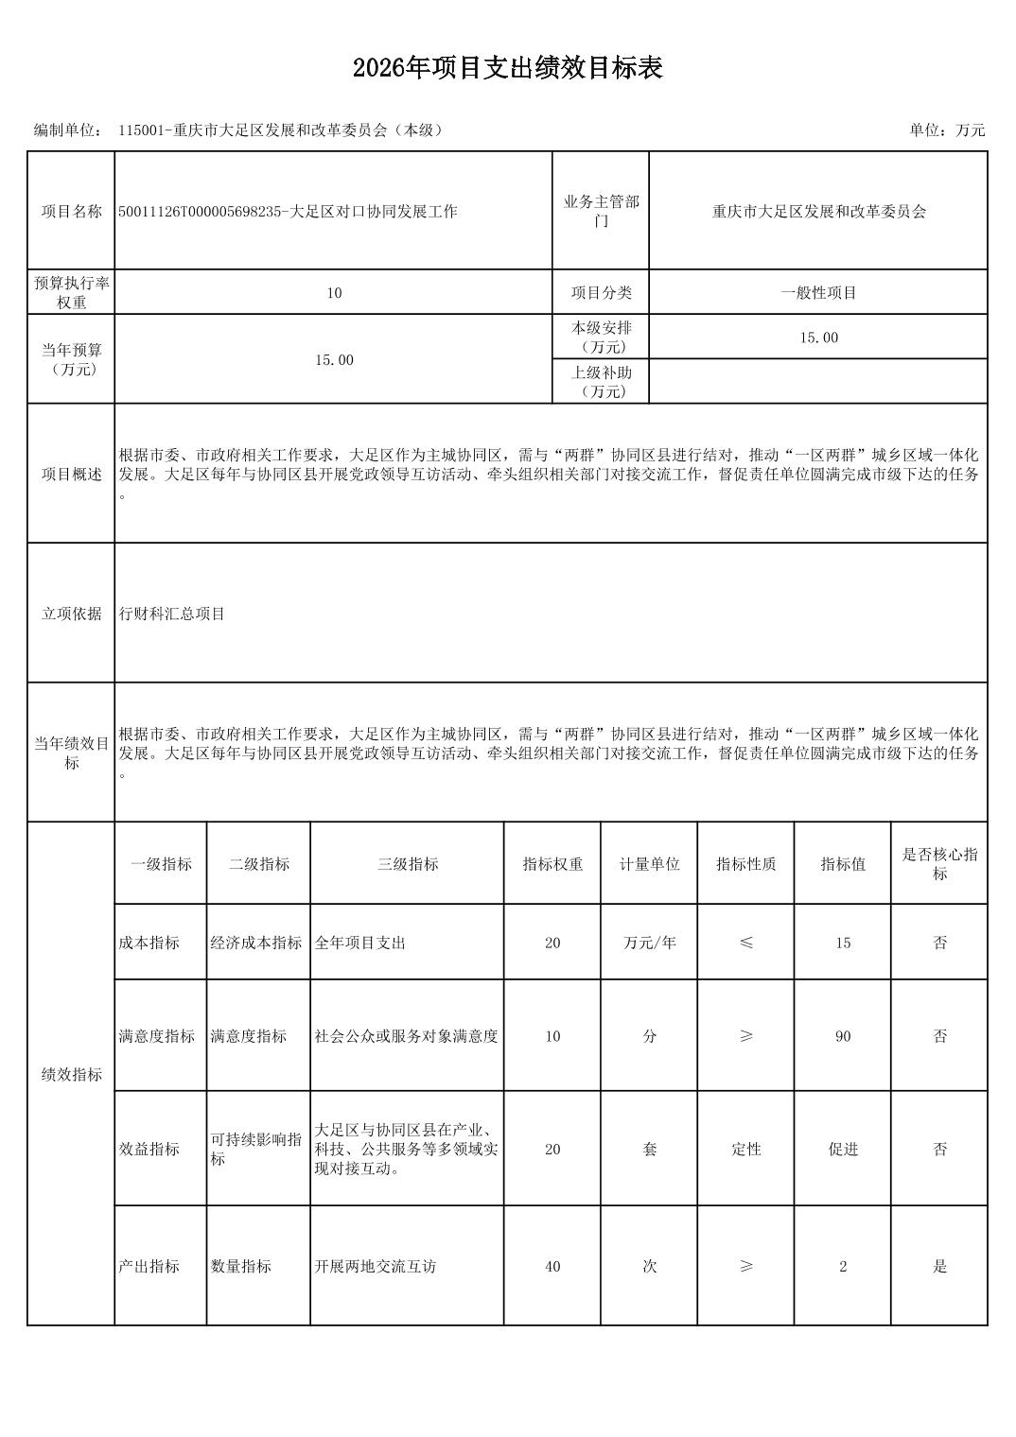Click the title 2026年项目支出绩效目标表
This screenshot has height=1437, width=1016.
tap(507, 68)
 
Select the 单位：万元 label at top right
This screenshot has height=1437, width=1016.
tap(947, 130)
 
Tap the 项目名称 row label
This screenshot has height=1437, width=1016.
tap(71, 212)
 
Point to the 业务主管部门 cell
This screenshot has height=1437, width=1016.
tap(601, 212)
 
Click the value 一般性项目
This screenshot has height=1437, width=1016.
tap(818, 293)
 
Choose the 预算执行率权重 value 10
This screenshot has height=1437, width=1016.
tap(334, 293)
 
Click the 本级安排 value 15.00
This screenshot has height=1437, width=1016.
tap(818, 338)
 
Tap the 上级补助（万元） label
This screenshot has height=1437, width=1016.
tap(601, 382)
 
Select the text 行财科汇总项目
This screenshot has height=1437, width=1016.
tap(172, 614)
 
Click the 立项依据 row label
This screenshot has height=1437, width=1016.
tap(71, 614)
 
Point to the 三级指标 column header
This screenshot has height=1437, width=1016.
tap(408, 864)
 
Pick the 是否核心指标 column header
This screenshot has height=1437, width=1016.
tap(939, 864)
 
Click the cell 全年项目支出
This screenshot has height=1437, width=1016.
tap(360, 943)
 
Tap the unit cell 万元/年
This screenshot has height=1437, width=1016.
tap(650, 943)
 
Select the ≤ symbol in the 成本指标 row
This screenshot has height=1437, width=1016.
tap(746, 943)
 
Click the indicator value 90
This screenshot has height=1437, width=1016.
tap(843, 1036)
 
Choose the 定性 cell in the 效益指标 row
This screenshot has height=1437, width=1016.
tap(746, 1150)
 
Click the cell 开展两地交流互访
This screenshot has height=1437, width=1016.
tap(376, 1267)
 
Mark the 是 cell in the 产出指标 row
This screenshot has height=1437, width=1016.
tap(939, 1267)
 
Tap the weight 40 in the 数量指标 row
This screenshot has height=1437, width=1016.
tap(552, 1267)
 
